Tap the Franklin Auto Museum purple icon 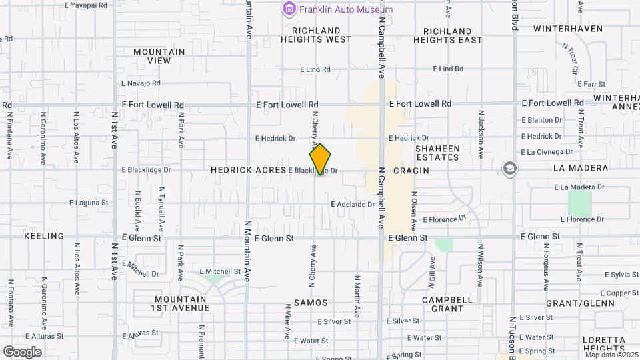pyautogui.click(x=289, y=9)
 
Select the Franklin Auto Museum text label pyautogui.click(x=346, y=9)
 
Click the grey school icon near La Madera pyautogui.click(x=510, y=169)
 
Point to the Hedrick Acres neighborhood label pyautogui.click(x=248, y=171)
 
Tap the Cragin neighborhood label pyautogui.click(x=411, y=171)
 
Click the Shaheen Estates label pyautogui.click(x=437, y=153)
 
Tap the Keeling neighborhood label pyautogui.click(x=44, y=236)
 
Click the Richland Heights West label pyautogui.click(x=317, y=35)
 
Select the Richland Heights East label pyautogui.click(x=447, y=35)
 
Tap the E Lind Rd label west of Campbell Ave pyautogui.click(x=315, y=69)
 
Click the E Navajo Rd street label pyautogui.click(x=141, y=83)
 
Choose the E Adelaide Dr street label pyautogui.click(x=354, y=204)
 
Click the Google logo pyautogui.click(x=22, y=352)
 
